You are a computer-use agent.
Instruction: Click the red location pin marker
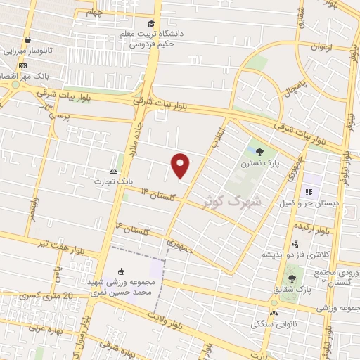[181, 165]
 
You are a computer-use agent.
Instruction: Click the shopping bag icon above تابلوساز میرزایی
[27, 40]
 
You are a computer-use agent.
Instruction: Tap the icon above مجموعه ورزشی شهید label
[121, 272]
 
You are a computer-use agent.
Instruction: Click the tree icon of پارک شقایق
[291, 278]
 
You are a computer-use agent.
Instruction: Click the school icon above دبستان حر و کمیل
[307, 193]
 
